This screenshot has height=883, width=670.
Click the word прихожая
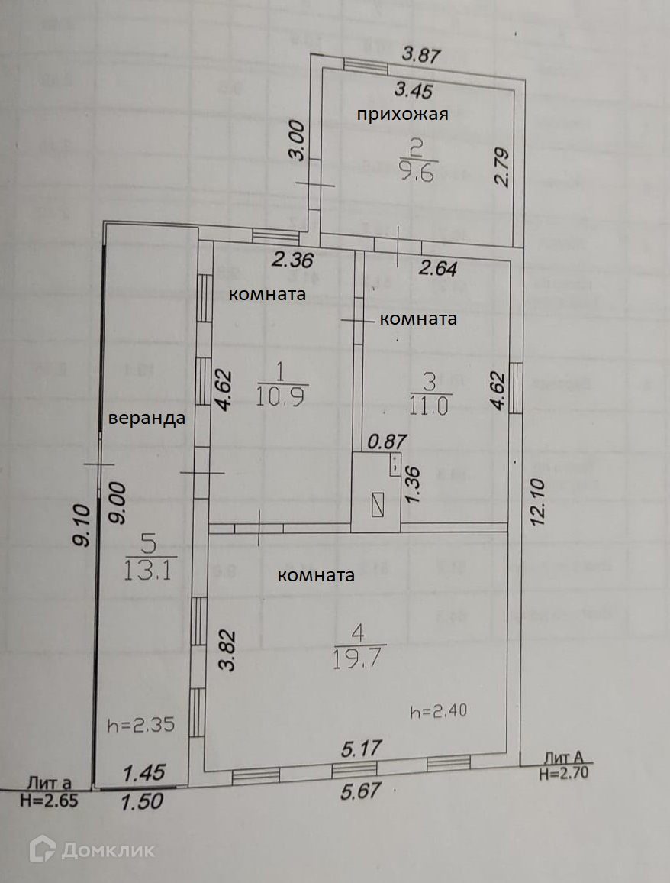coord(402,115)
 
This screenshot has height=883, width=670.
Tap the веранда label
coord(147,419)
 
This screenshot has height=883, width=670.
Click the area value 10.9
coord(282,397)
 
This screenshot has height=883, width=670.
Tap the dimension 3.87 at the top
coord(423,54)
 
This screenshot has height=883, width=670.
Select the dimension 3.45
coord(414,91)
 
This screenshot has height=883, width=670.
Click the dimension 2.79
coord(501,167)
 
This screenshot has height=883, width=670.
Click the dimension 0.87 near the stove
coord(385,441)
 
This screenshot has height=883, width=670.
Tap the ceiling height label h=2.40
coord(438,712)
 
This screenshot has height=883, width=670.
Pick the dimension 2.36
coord(292,260)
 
